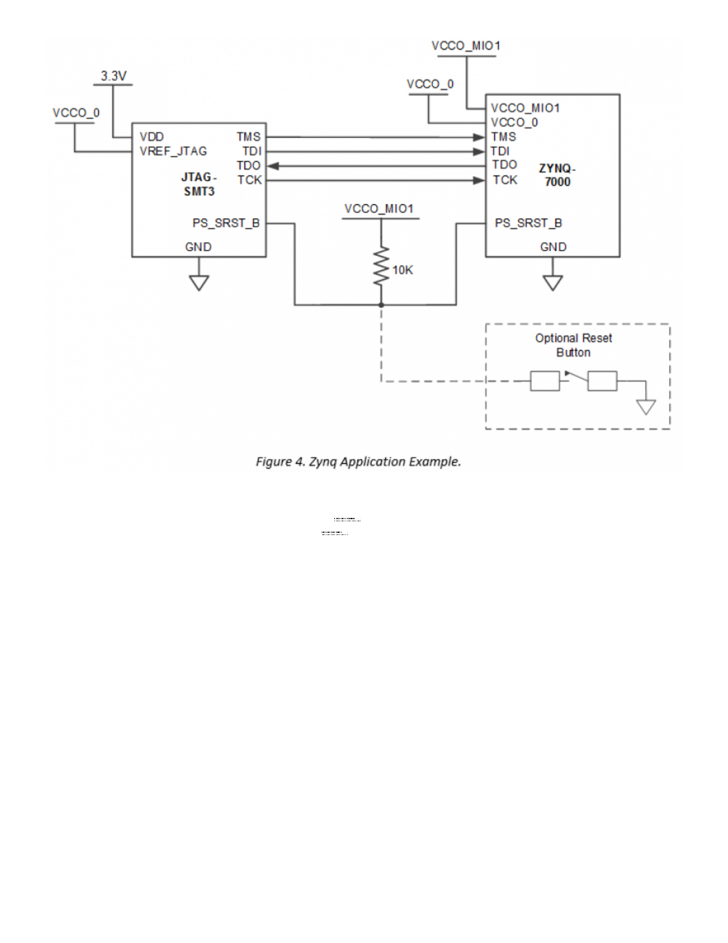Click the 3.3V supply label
114,76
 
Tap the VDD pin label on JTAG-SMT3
152,137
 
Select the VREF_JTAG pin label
173,151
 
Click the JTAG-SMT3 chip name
199,185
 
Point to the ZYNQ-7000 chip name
557,175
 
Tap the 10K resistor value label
403,270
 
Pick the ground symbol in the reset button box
646,407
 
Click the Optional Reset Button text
573,345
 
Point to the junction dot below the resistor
381,305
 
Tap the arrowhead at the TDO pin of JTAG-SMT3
273,166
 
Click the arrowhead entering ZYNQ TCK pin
479,180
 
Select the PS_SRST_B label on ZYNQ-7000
528,223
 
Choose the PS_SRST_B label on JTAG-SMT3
226,223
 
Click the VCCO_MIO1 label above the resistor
379,209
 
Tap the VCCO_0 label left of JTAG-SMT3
76,113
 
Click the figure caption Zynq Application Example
359,461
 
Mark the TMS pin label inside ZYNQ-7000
504,137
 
